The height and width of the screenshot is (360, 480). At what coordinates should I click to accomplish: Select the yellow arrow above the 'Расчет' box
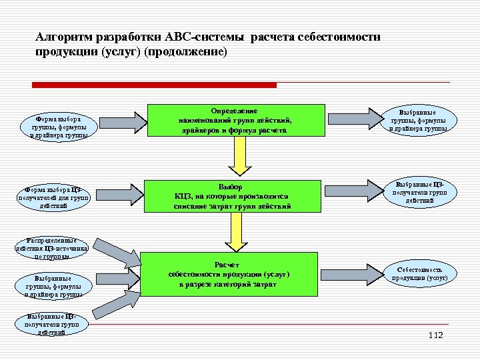click(x=234, y=234)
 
